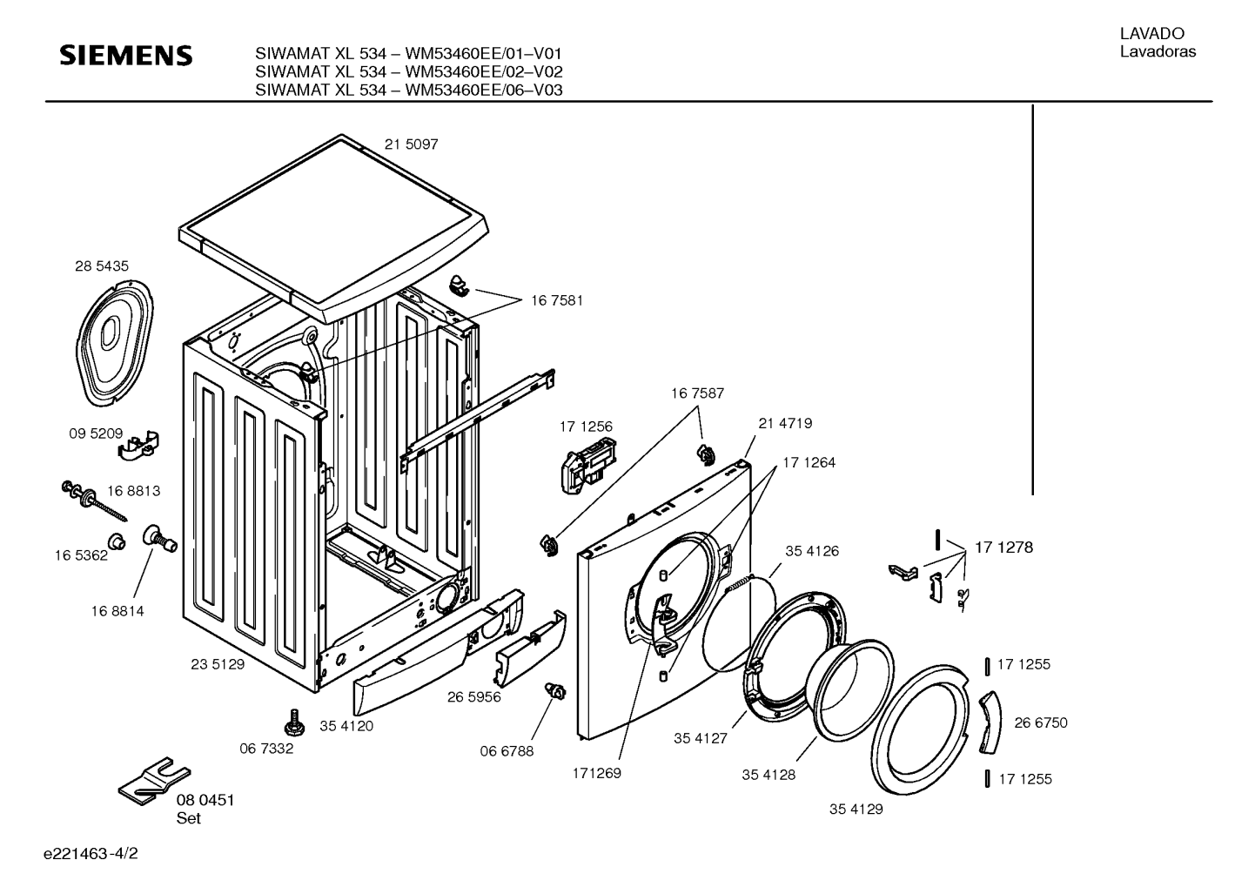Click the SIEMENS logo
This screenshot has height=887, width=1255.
pyautogui.click(x=126, y=56)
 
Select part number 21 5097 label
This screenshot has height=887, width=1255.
pyautogui.click(x=412, y=144)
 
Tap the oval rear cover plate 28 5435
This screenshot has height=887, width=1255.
pyautogui.click(x=115, y=342)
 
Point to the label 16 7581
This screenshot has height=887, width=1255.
pyautogui.click(x=557, y=300)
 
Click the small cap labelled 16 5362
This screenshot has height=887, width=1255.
pyautogui.click(x=117, y=541)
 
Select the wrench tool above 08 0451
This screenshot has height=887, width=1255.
pyautogui.click(x=154, y=782)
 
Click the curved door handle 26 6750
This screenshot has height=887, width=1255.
pyautogui.click(x=991, y=722)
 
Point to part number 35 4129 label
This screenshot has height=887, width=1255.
pyautogui.click(x=856, y=810)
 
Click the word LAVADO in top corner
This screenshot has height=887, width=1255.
pyautogui.click(x=1152, y=34)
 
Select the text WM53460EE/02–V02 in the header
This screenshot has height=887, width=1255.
pyautogui.click(x=484, y=71)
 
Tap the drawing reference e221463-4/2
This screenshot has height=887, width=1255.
pyautogui.click(x=91, y=853)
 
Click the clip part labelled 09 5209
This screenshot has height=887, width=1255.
pyautogui.click(x=138, y=445)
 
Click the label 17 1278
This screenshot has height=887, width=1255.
pyautogui.click(x=1004, y=547)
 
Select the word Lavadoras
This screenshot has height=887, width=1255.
pyautogui.click(x=1158, y=51)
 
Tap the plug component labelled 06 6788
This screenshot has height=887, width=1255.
pyautogui.click(x=554, y=691)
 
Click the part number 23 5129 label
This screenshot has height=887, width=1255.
pyautogui.click(x=218, y=664)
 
